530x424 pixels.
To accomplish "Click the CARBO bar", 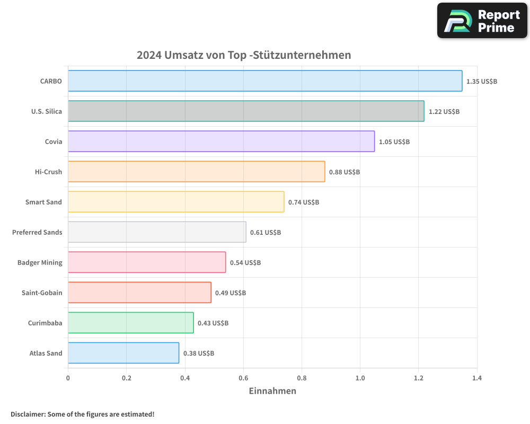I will tap(265, 81).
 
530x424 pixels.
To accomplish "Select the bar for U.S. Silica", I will tap(246, 111).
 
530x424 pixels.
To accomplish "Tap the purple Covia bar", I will tap(221, 142).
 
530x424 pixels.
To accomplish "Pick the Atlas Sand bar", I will tap(123, 353).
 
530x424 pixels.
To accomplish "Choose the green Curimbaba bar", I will tap(130, 323).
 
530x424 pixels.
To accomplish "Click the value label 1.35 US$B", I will tap(481, 82).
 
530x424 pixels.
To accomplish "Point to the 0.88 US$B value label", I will tap(344, 172).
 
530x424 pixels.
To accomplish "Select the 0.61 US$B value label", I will tap(265, 233).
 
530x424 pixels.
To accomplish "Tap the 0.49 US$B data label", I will tap(230, 293).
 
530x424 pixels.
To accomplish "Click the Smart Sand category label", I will tap(43, 202).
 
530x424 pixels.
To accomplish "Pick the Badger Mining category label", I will tap(40, 262).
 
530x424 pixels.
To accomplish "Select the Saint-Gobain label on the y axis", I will tap(42, 293).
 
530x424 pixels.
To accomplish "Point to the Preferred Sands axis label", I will tap(37, 232).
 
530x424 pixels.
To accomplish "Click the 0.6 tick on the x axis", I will tap(243, 378).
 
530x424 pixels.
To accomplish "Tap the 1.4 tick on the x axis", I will tap(476, 378).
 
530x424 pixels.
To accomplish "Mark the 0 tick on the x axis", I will tap(68, 378).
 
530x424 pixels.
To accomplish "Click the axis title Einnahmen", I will tap(272, 391).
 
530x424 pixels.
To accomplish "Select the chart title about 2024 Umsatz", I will tap(244, 55).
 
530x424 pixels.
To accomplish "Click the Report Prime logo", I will tap(482, 21).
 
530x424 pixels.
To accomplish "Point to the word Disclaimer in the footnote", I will tap(28, 414).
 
